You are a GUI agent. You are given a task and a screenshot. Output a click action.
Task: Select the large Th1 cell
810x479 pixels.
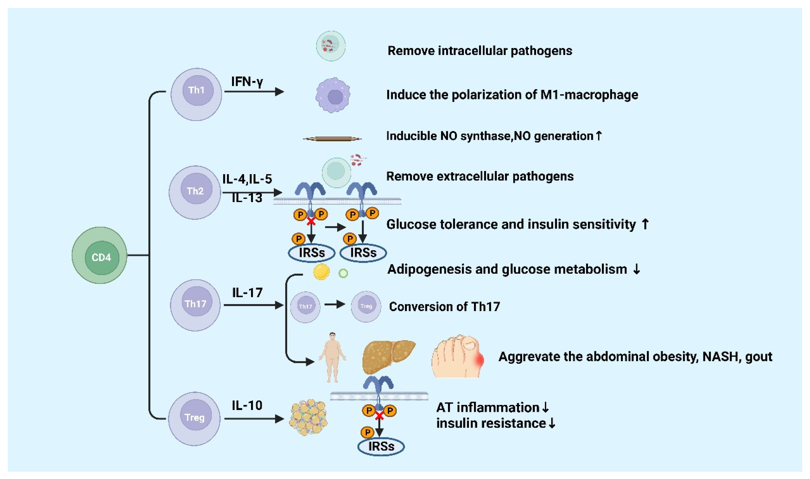[x=196, y=94]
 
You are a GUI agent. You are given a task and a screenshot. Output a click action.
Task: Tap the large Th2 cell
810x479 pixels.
[x=195, y=192]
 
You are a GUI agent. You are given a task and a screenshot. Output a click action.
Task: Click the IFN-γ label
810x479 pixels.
[x=247, y=82]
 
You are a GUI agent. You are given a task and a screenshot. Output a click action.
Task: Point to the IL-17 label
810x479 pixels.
[x=247, y=292]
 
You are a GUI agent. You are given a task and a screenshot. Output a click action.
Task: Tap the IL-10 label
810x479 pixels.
[x=247, y=405]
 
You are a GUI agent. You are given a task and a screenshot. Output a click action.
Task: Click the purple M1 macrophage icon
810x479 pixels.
[x=333, y=95]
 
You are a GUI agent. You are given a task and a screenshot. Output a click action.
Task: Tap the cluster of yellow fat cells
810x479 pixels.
[x=308, y=417]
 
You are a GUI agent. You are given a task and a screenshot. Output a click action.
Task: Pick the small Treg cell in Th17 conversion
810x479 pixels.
[x=366, y=306]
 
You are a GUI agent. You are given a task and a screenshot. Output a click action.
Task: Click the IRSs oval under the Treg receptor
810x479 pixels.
[x=381, y=446]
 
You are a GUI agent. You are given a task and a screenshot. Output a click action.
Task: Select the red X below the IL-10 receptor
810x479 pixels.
[x=380, y=416]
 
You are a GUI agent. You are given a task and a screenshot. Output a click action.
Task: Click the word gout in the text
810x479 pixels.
[x=759, y=357]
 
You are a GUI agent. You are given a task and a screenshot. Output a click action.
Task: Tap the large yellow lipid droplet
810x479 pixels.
[x=321, y=271]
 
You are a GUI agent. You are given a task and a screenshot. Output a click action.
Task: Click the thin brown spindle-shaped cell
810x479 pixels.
[x=332, y=139]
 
